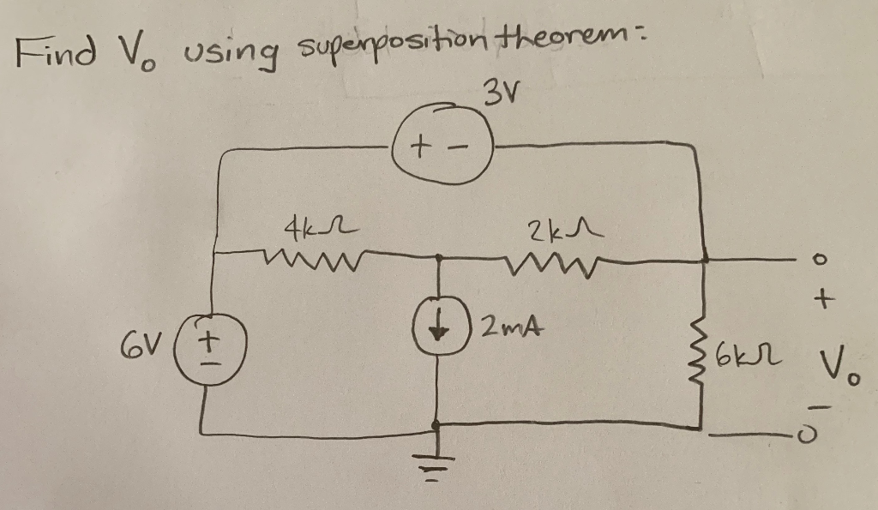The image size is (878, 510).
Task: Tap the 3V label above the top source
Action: (501, 89)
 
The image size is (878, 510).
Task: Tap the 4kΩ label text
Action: (305, 229)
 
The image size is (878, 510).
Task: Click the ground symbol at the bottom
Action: (439, 467)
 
